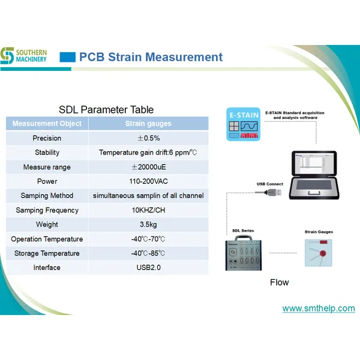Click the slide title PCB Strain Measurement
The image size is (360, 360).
(151, 58)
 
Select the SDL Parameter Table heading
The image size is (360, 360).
(106, 110)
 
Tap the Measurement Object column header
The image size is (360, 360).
(47, 124)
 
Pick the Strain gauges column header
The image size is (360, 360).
(148, 124)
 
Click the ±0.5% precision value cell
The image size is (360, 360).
(148, 138)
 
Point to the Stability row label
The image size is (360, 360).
(47, 152)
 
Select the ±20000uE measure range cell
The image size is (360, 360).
(148, 167)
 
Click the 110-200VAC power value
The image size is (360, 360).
(148, 181)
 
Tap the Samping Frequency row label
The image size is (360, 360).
(47, 210)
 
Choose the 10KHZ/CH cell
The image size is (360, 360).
(148, 210)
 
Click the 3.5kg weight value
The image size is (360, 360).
(148, 224)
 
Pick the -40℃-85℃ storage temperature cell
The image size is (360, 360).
(148, 253)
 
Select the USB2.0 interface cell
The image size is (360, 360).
(148, 268)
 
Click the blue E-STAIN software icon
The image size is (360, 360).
(244, 124)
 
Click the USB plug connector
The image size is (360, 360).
(271, 192)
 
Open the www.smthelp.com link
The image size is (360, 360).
(318, 308)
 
